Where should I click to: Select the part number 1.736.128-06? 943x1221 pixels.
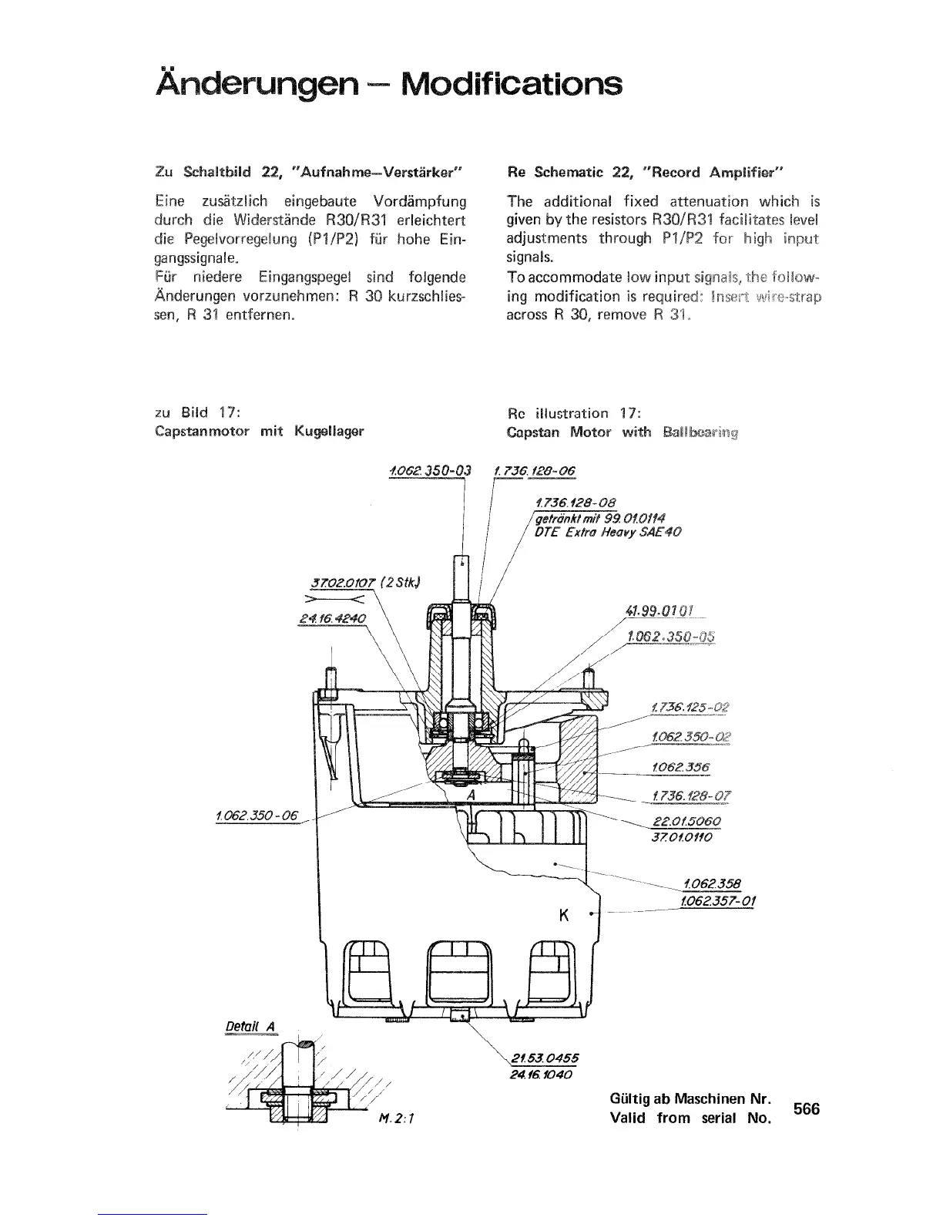pyautogui.click(x=536, y=471)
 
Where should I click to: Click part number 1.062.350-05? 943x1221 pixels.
pyautogui.click(x=671, y=636)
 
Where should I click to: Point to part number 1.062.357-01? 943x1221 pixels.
pyautogui.click(x=716, y=900)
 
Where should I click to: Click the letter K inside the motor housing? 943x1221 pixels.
pyautogui.click(x=563, y=916)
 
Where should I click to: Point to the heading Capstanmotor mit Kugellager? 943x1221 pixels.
pyautogui.click(x=259, y=432)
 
